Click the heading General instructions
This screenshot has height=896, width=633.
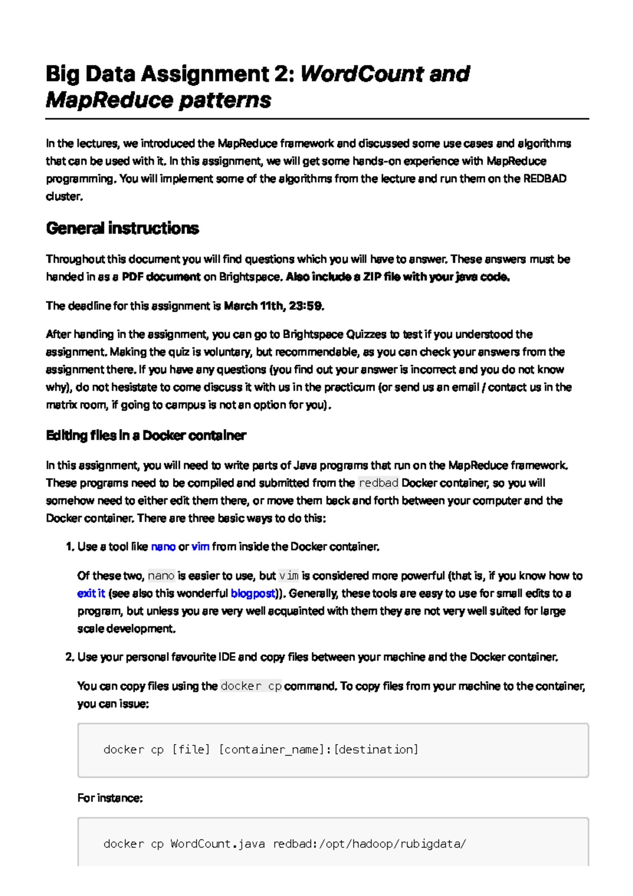[x=122, y=228]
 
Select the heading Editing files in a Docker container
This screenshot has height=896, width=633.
[x=146, y=435]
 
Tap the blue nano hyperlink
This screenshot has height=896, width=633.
[x=163, y=547]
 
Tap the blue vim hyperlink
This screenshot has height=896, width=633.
[x=200, y=547]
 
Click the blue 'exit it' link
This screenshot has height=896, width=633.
[x=91, y=593]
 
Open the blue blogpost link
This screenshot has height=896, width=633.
[x=253, y=593]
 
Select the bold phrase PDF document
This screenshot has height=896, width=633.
[x=161, y=277]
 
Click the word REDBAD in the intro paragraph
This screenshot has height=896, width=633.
[x=544, y=178]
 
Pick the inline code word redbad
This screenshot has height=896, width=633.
[x=378, y=483]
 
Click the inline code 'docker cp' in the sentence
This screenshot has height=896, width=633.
[x=251, y=686]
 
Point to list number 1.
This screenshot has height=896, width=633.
[x=70, y=547]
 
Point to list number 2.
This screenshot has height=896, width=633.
[x=70, y=657]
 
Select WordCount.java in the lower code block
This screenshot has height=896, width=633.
[x=217, y=844]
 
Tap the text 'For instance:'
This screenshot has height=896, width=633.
[x=110, y=798]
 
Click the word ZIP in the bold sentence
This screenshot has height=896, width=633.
[x=372, y=277]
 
